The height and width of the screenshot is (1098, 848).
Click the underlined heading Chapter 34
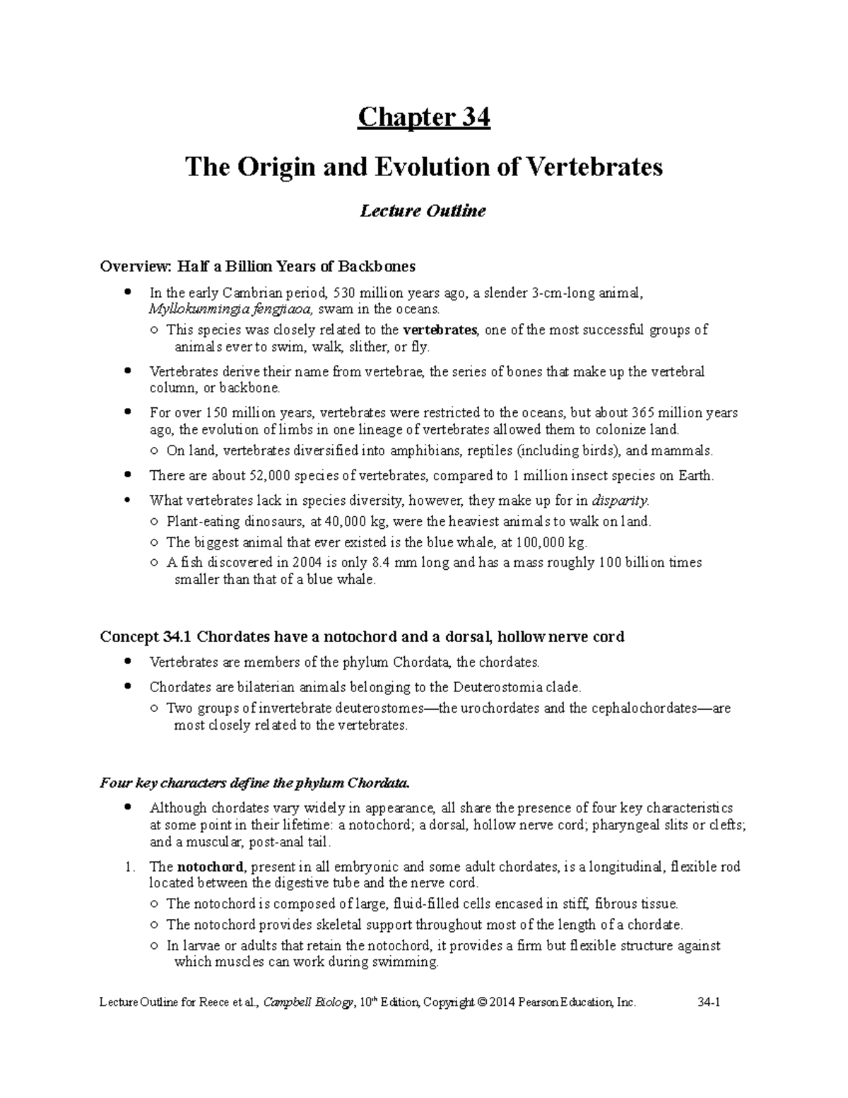coord(423,117)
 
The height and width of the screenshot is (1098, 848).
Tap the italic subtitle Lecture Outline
coord(423,211)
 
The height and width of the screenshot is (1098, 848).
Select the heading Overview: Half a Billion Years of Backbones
coord(258,267)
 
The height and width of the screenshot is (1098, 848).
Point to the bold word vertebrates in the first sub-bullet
coord(440,329)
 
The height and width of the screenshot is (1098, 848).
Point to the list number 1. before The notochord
coord(129,866)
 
